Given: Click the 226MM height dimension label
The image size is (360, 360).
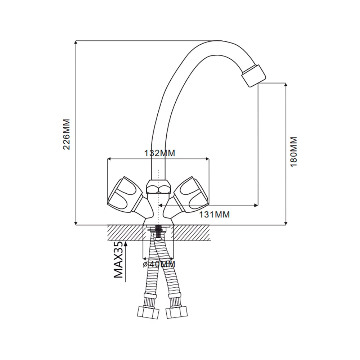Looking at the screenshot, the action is pos(66,134).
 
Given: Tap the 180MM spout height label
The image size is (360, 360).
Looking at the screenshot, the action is pos(294,152).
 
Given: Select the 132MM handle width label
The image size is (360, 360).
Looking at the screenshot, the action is pos(159,153).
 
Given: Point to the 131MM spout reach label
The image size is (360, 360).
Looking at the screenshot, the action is pos(214,215).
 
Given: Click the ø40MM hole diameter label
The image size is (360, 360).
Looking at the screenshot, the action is pos(159,264).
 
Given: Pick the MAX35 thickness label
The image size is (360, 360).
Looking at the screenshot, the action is pos(118,260).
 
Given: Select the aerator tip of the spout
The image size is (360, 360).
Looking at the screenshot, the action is pos(253,76).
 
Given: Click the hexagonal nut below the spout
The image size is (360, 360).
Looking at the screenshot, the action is pos(158,186).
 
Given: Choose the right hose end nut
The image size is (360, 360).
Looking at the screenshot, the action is pos(176,312).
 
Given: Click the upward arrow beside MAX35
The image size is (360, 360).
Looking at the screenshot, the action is pos(126,261).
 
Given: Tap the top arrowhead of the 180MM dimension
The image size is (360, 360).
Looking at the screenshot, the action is pos(285,85).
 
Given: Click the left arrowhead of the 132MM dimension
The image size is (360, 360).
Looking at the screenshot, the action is pos(109,159).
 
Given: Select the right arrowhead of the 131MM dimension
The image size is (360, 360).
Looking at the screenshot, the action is pos(256,205).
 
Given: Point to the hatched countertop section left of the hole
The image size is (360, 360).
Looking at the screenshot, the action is pos(125,233).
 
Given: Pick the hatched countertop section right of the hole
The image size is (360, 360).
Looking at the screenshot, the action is pos(192,233).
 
